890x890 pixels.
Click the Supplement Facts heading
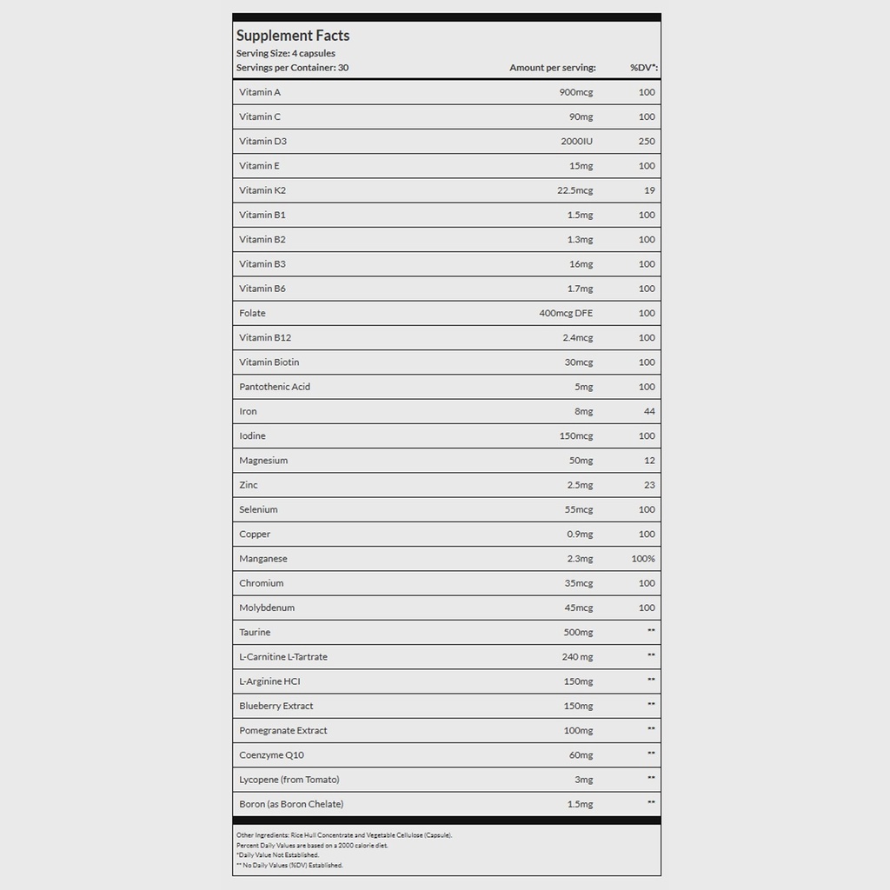(293, 36)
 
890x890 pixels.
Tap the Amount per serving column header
(553, 68)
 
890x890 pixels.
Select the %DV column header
(643, 68)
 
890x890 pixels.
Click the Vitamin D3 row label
(262, 141)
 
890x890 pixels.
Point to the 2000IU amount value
(576, 141)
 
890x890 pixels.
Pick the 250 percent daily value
(647, 141)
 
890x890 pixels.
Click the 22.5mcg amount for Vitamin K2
(574, 190)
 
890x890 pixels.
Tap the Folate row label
(252, 313)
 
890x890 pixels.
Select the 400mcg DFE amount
(566, 313)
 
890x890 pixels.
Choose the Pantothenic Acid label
(275, 387)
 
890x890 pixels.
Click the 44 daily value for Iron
(650, 411)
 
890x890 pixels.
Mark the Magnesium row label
(263, 461)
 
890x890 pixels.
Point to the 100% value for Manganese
(643, 559)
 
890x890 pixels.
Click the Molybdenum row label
(267, 608)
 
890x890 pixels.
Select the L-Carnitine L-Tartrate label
(283, 657)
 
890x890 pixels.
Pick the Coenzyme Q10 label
(271, 755)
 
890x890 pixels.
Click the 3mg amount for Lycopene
(583, 780)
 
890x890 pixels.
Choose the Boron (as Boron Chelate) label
(291, 804)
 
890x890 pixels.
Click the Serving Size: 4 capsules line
(285, 54)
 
